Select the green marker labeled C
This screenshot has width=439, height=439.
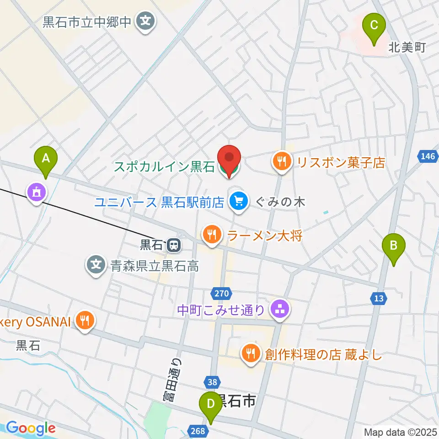[x=374, y=29]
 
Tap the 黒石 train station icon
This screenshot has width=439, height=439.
[x=173, y=246]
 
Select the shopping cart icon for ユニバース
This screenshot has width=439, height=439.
[x=239, y=201]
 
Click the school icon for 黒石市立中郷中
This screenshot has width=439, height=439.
[x=146, y=21]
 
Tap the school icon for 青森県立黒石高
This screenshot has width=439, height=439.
[x=96, y=265]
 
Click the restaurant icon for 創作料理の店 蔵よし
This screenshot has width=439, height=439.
[x=251, y=354]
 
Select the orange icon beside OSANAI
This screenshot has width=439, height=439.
[x=85, y=321]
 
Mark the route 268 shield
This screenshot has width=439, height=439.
[x=198, y=430]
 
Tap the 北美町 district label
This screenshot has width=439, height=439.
[x=407, y=47]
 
